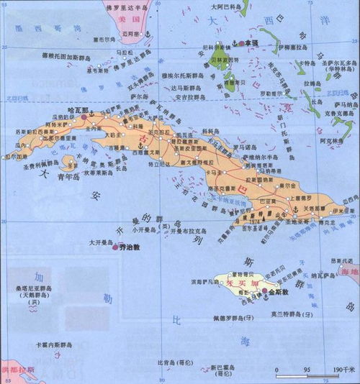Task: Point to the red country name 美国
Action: [x=110, y=18]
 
